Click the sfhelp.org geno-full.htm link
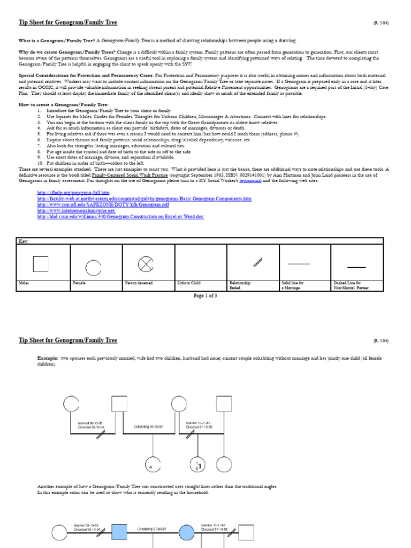tap(73, 192)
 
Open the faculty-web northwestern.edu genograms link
tap(144, 199)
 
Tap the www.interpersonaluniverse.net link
tap(77, 210)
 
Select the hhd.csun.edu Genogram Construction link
tap(120, 216)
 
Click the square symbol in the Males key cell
tap(41, 264)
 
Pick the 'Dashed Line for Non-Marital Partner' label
tap(351, 285)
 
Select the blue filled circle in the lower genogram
tap(186, 531)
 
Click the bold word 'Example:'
tap(47, 357)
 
